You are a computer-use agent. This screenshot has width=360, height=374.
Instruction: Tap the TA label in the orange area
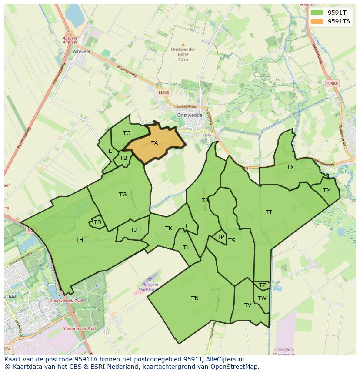click(x=154, y=143)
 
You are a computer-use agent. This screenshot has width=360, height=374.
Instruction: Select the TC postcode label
click(x=127, y=133)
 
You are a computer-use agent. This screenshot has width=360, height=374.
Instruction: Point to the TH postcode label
click(x=79, y=239)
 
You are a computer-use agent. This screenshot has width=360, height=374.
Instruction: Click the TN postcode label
click(x=195, y=298)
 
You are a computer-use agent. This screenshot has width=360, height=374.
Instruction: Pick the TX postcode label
click(x=290, y=167)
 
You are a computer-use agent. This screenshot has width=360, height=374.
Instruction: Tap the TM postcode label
click(x=327, y=190)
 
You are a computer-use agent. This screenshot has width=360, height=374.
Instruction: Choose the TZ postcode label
click(x=262, y=285)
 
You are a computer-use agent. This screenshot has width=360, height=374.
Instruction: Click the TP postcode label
click(x=220, y=237)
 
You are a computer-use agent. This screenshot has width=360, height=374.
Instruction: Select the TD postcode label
click(x=97, y=222)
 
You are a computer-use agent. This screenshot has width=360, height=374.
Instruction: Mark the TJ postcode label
click(x=133, y=229)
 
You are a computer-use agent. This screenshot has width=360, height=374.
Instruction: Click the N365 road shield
click(x=164, y=93)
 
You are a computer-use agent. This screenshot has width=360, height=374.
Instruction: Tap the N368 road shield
click(x=333, y=83)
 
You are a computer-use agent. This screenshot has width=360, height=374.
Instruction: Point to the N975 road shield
click(x=214, y=290)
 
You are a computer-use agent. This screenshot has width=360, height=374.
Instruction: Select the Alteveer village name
click(x=81, y=51)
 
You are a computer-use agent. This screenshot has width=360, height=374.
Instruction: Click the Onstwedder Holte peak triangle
click(x=183, y=44)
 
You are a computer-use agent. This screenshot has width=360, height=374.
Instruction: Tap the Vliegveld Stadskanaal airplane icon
click(x=150, y=278)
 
